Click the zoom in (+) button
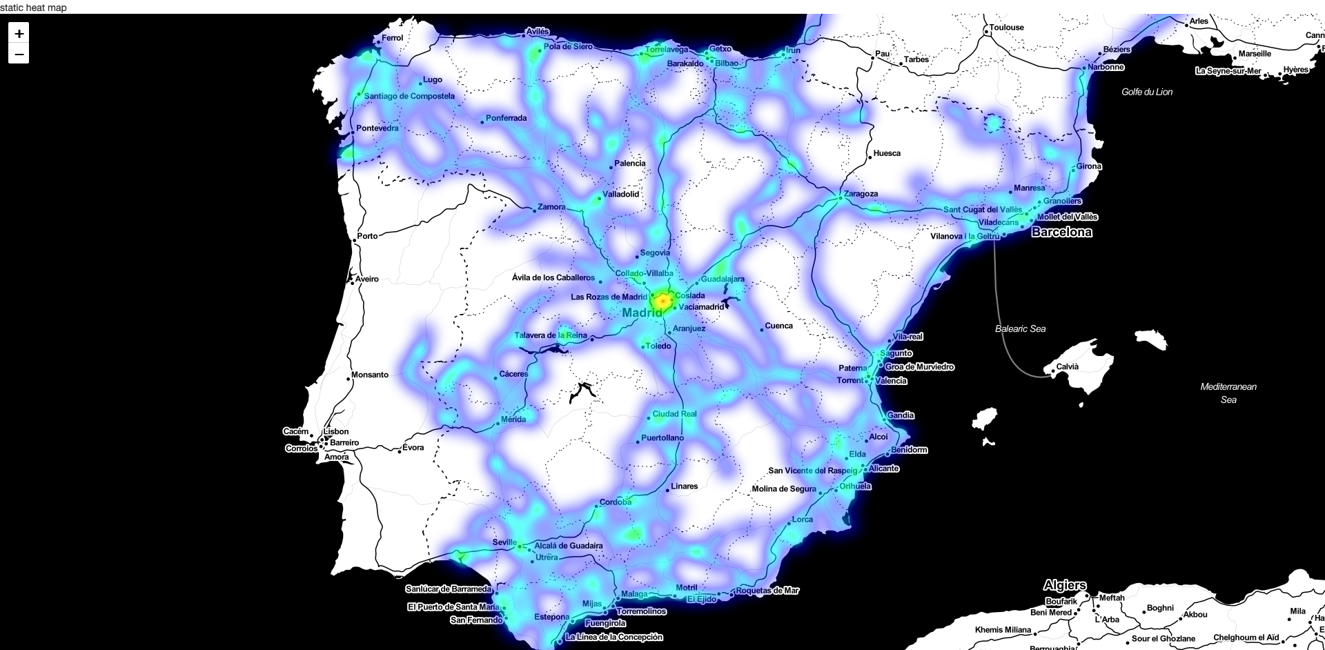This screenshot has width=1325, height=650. pos(19,33)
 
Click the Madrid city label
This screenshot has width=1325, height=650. pos(642,313)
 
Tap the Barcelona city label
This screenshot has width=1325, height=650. pos(1061,233)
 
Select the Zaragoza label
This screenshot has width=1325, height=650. pos(861,194)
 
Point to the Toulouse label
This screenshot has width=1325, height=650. pos(1007,28)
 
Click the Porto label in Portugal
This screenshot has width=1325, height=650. pos(367,236)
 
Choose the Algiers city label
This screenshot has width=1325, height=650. pos(1065,585)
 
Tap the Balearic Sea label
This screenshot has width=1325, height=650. pos(1020,329)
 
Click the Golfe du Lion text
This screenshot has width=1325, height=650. pos(1146,92)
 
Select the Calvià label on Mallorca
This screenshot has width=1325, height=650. pos(1067,366)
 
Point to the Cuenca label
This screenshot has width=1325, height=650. pos(779,326)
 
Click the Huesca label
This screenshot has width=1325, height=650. pos(887,153)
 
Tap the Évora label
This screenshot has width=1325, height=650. pos(413,448)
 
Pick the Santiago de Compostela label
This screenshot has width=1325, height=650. pos(409,96)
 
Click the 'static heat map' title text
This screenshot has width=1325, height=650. pos(33,8)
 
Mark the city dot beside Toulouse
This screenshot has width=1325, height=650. pos(987,32)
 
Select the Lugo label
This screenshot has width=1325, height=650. pos(433,80)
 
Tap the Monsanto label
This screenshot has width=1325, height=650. pos(370,375)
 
